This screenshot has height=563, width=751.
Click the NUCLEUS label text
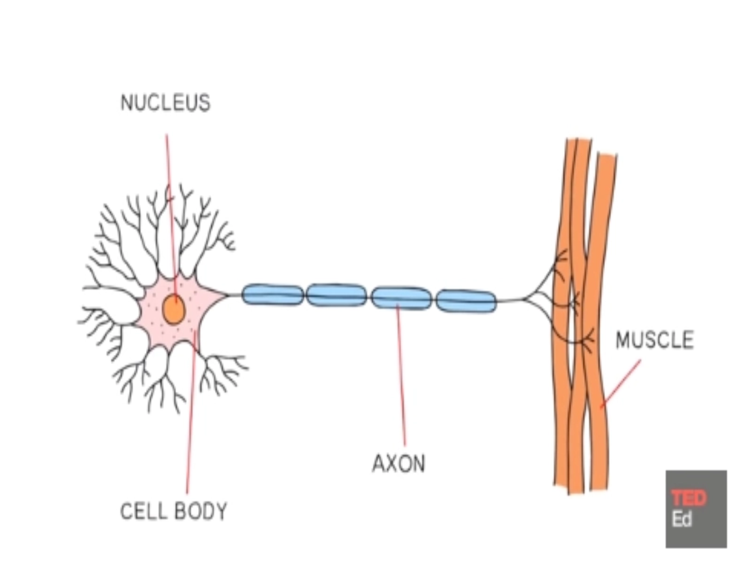pos(165,103)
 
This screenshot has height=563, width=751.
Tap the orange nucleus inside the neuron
pos(174,310)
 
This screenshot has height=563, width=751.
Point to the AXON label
pos(398,464)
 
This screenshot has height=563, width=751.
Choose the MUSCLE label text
pos(654,340)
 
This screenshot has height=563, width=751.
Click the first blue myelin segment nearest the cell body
pos(272,295)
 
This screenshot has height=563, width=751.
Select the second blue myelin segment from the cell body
pos(337,295)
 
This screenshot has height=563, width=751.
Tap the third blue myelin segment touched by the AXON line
pos(401,298)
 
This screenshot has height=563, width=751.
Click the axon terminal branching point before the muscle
pos(525,299)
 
